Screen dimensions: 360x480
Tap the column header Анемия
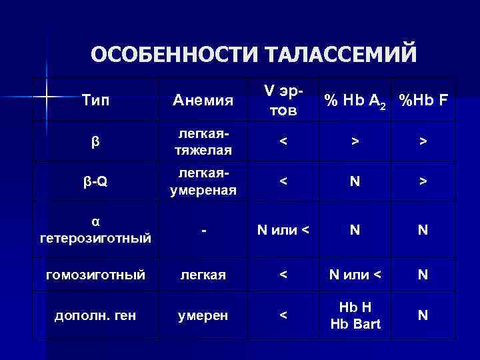coord(203,101)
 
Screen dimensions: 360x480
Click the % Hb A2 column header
coord(355,100)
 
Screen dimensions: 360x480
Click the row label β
coord(95,141)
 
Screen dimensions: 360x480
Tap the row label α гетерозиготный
coord(95,229)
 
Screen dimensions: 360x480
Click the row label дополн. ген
coord(95,315)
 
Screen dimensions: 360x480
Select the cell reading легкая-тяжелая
coord(203,141)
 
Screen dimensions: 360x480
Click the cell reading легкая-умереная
coord(203,182)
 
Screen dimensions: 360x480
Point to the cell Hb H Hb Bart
coord(355,315)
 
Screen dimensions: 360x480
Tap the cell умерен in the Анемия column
coord(203,315)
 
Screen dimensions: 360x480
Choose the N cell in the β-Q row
coord(355,182)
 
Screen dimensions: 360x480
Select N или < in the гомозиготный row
coord(355,274)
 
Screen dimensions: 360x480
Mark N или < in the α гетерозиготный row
coord(283,230)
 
